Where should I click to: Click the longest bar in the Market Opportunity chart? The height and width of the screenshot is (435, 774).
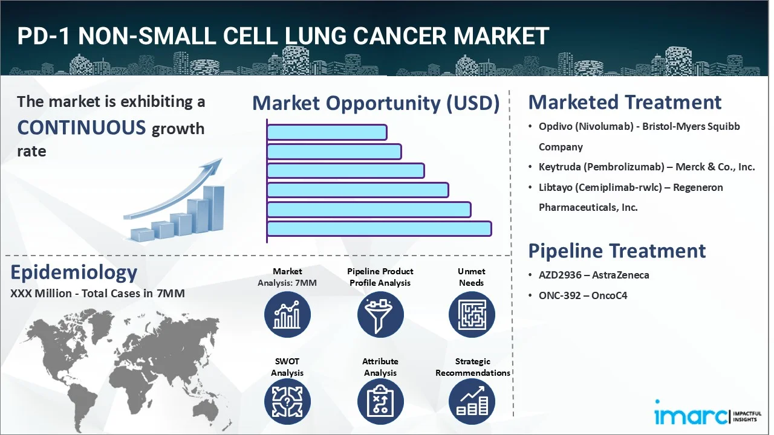[379, 229]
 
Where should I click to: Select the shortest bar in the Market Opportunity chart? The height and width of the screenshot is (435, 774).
[327, 132]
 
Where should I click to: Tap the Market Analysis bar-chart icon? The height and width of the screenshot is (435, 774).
[287, 315]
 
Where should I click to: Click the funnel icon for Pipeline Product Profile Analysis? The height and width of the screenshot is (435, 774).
[380, 315]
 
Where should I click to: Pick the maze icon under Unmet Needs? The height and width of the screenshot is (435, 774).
[472, 315]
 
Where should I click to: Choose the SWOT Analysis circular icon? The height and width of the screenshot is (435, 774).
[287, 402]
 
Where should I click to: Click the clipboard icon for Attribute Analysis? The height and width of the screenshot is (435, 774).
[380, 402]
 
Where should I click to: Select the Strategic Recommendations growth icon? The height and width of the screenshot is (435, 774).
[472, 402]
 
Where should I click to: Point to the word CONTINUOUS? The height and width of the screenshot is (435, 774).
[82, 127]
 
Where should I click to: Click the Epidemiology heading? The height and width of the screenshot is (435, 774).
[74, 272]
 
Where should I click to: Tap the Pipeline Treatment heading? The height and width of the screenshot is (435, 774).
[617, 251]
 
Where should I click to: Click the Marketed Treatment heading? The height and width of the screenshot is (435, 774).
[625, 102]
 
